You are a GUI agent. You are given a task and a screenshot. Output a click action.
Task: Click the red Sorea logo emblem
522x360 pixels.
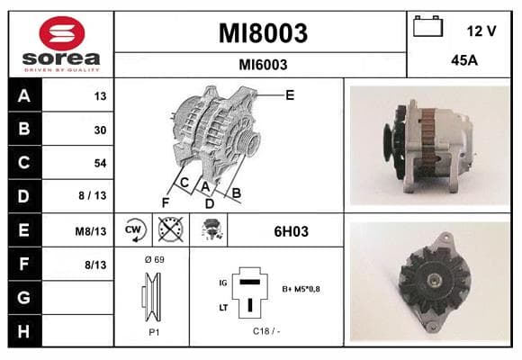pos(62,33)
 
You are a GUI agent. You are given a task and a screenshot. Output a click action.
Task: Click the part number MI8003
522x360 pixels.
pos(263,33)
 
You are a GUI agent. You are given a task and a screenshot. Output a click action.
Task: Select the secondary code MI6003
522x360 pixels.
pos(263,65)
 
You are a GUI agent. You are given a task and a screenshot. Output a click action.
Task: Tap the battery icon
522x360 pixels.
pos(427,26)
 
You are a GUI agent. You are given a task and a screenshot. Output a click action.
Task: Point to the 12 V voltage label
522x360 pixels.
pos(481,31)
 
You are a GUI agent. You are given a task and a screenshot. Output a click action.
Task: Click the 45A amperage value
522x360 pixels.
pos(464,60)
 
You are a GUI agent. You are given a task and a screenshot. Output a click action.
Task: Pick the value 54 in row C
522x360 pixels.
pos(100,163)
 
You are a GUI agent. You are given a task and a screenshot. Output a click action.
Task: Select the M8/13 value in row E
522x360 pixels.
pos(91,231)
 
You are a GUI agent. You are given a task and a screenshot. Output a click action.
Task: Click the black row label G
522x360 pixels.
pos(24,297)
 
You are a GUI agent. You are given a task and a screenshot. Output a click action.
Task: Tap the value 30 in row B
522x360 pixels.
pos(100,130)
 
